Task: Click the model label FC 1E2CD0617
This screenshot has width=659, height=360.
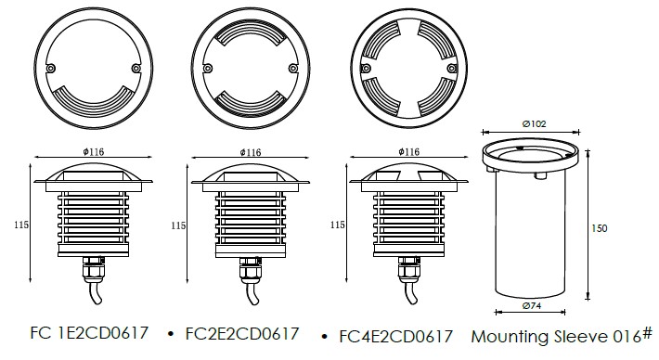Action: click(89, 333)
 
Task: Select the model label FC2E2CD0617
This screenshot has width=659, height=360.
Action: click(242, 334)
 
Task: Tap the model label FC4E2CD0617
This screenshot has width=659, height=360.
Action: click(396, 337)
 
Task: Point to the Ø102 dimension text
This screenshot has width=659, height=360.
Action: click(534, 124)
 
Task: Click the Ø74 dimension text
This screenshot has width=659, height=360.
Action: click(532, 306)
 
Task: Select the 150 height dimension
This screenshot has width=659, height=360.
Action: click(600, 228)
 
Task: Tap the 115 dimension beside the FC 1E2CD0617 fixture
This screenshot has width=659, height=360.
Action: click(21, 225)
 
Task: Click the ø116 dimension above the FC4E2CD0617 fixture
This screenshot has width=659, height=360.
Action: click(409, 151)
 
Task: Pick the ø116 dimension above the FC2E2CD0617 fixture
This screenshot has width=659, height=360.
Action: click(251, 152)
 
